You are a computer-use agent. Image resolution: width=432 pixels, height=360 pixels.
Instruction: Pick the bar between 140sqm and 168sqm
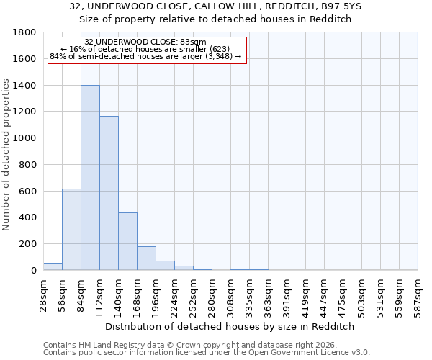[127, 241]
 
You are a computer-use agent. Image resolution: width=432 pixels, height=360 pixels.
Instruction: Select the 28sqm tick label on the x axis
[44, 291]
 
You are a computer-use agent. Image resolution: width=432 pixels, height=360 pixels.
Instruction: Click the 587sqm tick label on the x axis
[418, 291]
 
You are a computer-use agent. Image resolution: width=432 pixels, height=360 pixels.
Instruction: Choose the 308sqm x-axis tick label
[231, 291]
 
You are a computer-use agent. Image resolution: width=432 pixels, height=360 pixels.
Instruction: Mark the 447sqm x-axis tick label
[325, 291]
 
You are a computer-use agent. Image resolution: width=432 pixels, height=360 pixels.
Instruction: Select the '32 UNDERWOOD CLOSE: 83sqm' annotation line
[145, 42]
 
